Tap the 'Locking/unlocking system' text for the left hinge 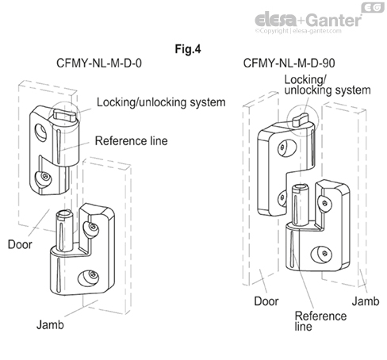click(x=161, y=102)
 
